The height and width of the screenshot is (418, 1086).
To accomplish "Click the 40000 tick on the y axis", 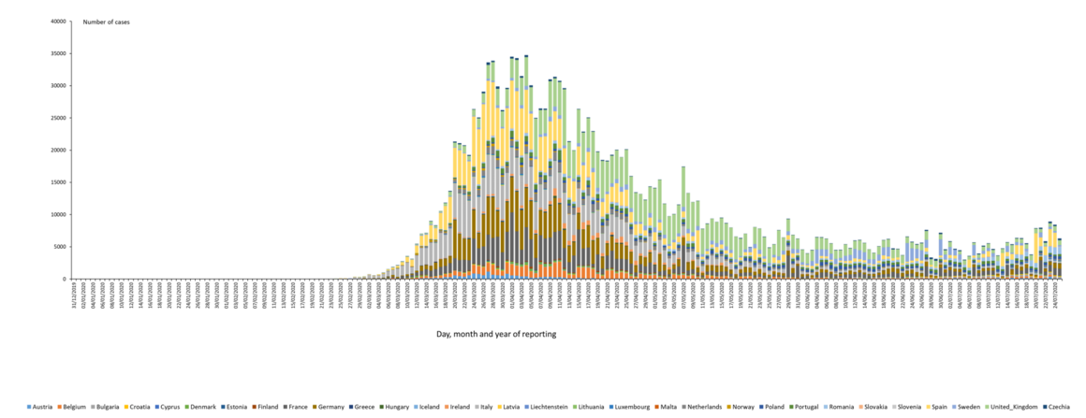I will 60,22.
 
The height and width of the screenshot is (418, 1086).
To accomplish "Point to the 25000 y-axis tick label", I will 60,118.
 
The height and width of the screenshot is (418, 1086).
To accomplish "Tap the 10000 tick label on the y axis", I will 60,214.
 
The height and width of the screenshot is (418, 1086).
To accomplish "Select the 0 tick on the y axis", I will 66,279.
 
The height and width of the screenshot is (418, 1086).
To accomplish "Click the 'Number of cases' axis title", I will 106,22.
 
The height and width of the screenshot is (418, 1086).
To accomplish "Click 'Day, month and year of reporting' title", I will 496,333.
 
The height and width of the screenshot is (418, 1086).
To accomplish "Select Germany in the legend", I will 329,407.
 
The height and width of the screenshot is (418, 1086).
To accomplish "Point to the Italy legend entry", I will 486,407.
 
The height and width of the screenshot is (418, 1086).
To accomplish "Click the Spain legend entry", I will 938,407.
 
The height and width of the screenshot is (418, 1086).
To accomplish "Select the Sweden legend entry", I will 967,407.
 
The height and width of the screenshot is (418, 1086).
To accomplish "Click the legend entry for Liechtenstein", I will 552,407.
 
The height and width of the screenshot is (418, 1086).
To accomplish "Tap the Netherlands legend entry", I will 701,407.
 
